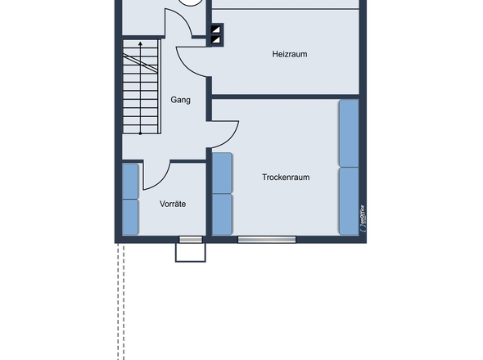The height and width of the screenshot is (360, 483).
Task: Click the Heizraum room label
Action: [x=289, y=54]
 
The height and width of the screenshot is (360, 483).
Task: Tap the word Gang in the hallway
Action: [x=180, y=100]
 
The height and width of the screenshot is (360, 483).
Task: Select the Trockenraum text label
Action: [x=286, y=177]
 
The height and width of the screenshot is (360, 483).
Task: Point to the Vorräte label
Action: [x=172, y=203]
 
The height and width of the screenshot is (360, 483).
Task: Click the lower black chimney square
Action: [x=216, y=40]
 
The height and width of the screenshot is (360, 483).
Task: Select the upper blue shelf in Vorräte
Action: [x=130, y=181]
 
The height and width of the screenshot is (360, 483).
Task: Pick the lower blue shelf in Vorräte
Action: [x=130, y=216]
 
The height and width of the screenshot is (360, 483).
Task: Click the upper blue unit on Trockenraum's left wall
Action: [x=222, y=172]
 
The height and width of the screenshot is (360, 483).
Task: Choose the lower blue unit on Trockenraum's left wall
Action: [x=222, y=214]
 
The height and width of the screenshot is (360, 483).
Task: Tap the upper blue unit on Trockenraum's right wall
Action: [x=349, y=133]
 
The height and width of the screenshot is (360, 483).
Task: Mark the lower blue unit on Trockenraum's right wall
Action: [x=349, y=200]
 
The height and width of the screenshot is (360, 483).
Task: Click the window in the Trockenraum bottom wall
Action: [x=267, y=240]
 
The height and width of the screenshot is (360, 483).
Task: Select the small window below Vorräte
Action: [x=191, y=240]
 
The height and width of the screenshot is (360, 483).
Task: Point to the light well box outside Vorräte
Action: [x=190, y=252]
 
